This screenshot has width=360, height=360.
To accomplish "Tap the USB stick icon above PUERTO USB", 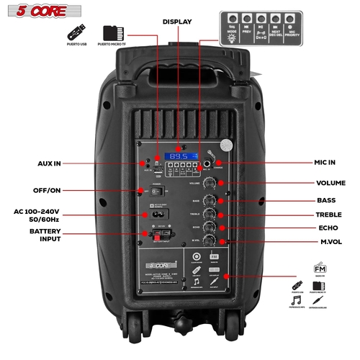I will click(x=76, y=34).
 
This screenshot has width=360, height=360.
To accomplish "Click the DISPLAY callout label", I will click(x=176, y=22).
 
